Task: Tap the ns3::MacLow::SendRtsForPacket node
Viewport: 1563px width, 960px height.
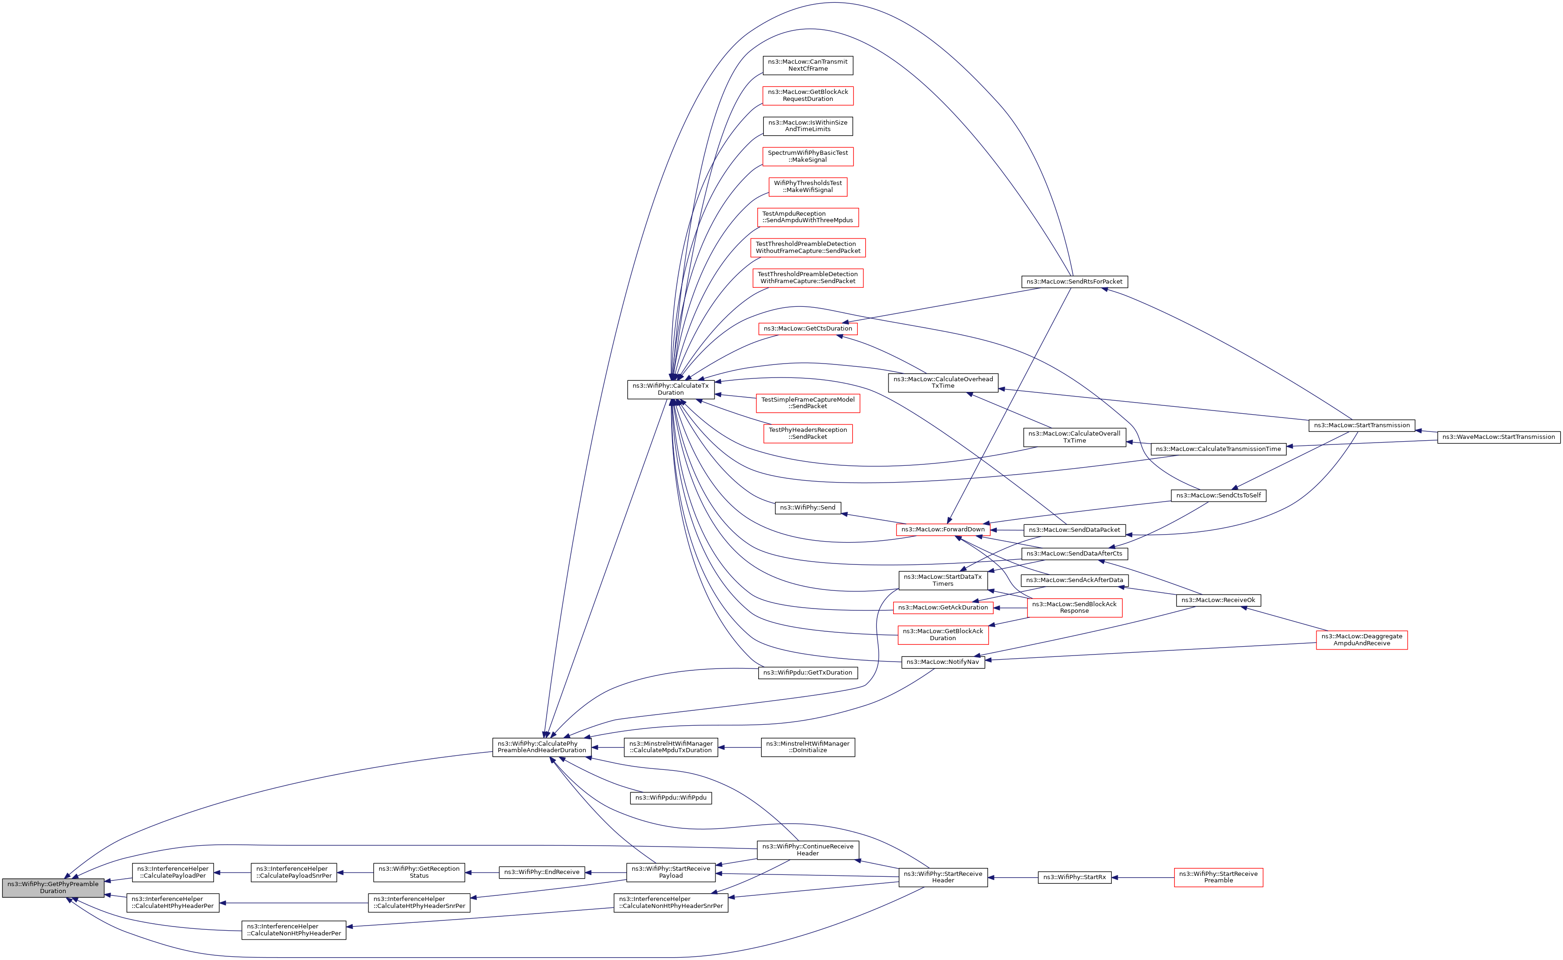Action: [1074, 281]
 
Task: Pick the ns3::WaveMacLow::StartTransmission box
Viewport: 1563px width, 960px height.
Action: [1498, 437]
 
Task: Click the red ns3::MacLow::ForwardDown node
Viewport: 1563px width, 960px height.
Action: [942, 530]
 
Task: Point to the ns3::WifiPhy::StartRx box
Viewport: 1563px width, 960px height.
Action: [1074, 877]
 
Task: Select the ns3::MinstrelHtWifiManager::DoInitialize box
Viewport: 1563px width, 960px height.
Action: [807, 747]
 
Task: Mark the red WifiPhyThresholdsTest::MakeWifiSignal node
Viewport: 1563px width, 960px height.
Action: [807, 187]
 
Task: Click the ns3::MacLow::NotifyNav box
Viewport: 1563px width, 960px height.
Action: [942, 662]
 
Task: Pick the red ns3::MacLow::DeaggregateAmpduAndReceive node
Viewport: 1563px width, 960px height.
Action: [1361, 640]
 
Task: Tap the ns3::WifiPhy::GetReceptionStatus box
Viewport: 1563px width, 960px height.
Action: [419, 873]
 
